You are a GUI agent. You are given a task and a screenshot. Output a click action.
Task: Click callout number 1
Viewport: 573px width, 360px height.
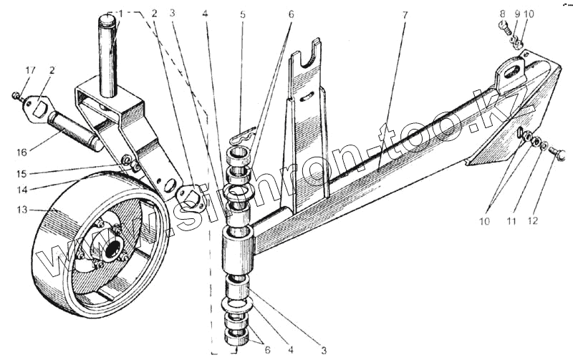[120, 13]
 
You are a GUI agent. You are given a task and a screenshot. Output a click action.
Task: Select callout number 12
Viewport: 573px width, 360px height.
[531, 223]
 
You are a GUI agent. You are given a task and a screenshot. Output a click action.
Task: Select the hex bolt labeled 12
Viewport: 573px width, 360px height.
[561, 152]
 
